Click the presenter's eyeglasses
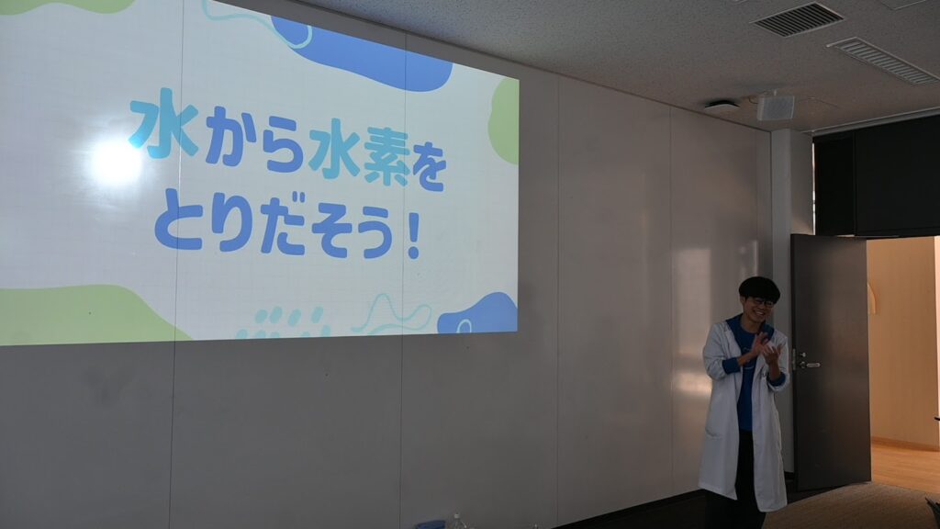pyautogui.click(x=761, y=303)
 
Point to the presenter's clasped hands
pyautogui.click(x=764, y=351)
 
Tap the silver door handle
pyautogui.click(x=807, y=364)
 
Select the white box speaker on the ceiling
pyautogui.click(x=775, y=107)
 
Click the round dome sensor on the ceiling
pyautogui.click(x=722, y=107)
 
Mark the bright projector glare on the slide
pyautogui.click(x=115, y=161)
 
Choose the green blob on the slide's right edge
pyautogui.click(x=504, y=120)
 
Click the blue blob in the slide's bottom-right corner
pyautogui.click(x=478, y=314)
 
